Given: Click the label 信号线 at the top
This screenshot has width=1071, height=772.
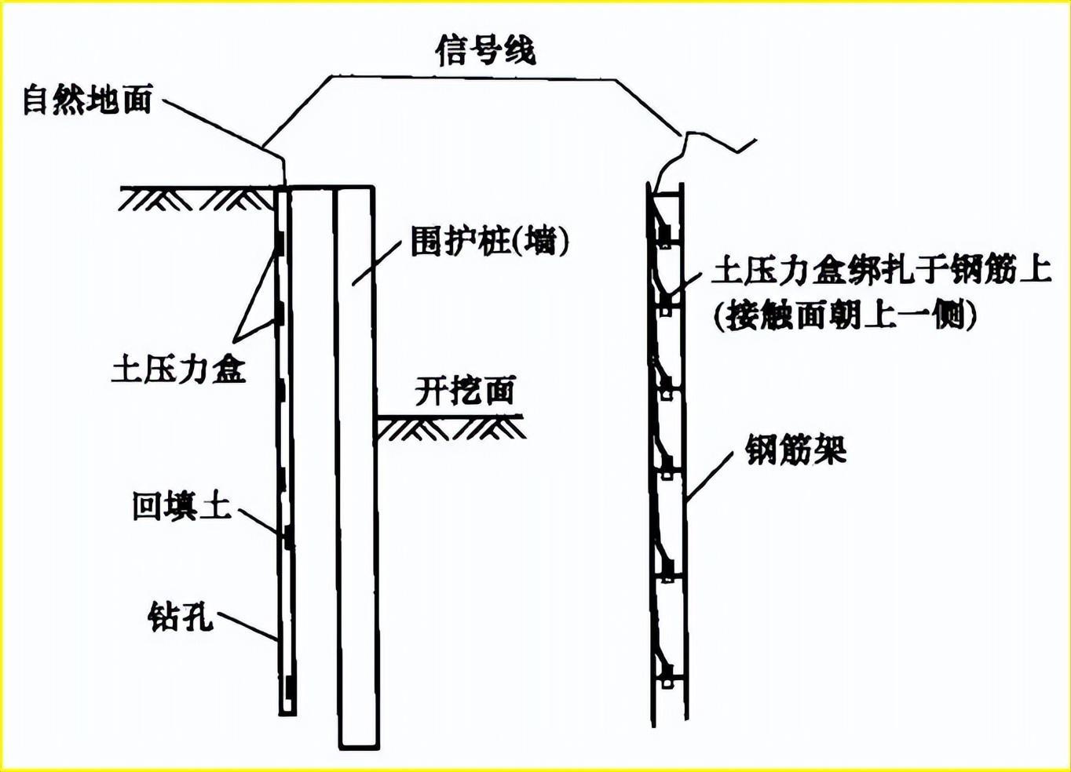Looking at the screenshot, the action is pos(485,49).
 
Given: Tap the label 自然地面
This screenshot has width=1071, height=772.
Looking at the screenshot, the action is pos(87,100).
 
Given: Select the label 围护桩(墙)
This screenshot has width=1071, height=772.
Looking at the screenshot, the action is pos(489,241).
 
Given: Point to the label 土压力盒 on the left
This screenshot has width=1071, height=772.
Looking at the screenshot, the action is pos(179,369).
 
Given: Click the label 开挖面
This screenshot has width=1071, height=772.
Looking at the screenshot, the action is pos(465,391).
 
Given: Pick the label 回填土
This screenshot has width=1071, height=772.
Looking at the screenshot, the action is pos(181,506).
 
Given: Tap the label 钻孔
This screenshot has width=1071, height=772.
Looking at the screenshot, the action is pos(181,617).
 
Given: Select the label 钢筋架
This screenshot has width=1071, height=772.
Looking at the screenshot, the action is pos(795,450).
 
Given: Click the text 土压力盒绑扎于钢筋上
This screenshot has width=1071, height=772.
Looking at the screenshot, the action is pos(881,270).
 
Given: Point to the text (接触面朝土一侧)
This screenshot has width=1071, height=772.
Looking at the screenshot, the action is pos(845,315).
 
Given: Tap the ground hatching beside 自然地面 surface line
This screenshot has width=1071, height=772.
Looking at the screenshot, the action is pos(196,199).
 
